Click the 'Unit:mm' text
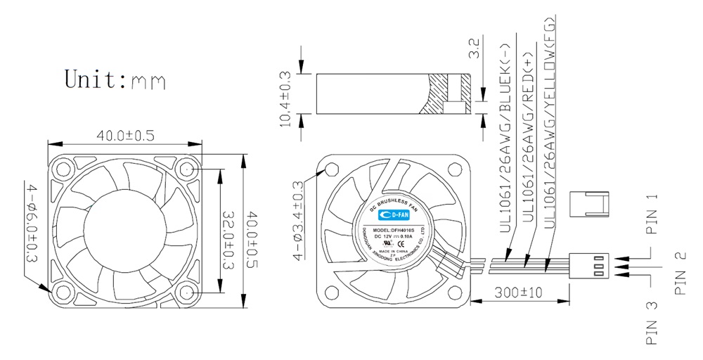pos(115,79)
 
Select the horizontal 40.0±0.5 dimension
pos(125,135)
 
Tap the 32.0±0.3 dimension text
pos(228,239)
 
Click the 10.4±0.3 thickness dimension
pos(285,98)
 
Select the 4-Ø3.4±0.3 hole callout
pos(297,220)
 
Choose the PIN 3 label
pos(652,325)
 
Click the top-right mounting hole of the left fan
pos(188,169)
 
